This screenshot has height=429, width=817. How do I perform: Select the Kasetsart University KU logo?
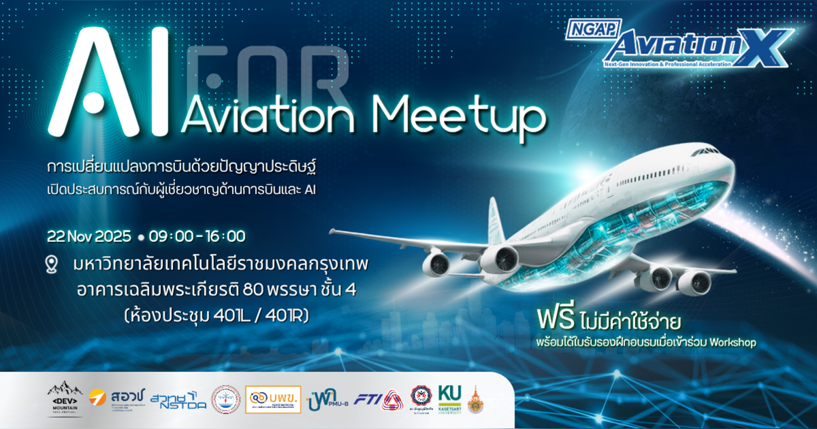click(x=449, y=399)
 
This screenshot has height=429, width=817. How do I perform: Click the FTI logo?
click(x=378, y=399)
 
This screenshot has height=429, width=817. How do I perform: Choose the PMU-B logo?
click(x=327, y=399)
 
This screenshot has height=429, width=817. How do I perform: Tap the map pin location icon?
click(x=52, y=264)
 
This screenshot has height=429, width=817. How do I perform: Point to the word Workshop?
click(x=733, y=343)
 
